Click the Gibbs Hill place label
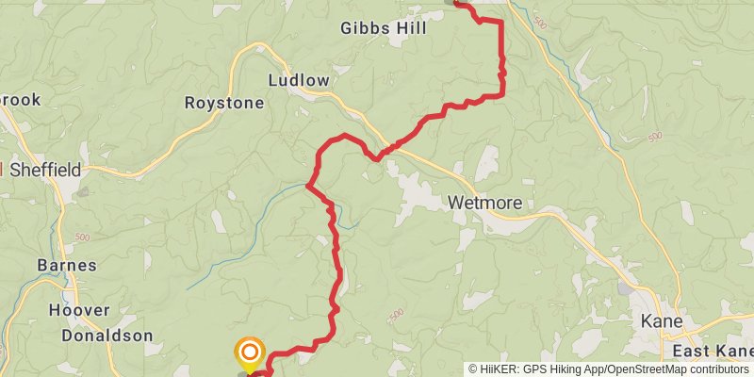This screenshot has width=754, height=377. [x=384, y=28]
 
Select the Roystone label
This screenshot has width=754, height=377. [x=224, y=103]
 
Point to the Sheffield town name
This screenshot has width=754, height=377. [x=45, y=170]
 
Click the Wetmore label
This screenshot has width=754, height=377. [x=484, y=203]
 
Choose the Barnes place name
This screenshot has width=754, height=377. [x=67, y=265]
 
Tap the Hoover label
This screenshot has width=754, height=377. [x=78, y=310]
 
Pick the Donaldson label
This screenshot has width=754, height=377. [x=107, y=335]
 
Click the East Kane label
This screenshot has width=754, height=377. [x=712, y=352]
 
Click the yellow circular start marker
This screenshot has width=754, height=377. [x=249, y=354]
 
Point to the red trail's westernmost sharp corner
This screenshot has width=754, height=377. [x=308, y=186]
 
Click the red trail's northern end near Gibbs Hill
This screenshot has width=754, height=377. [x=459, y=4]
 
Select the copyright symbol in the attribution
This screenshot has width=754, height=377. [x=474, y=369]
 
